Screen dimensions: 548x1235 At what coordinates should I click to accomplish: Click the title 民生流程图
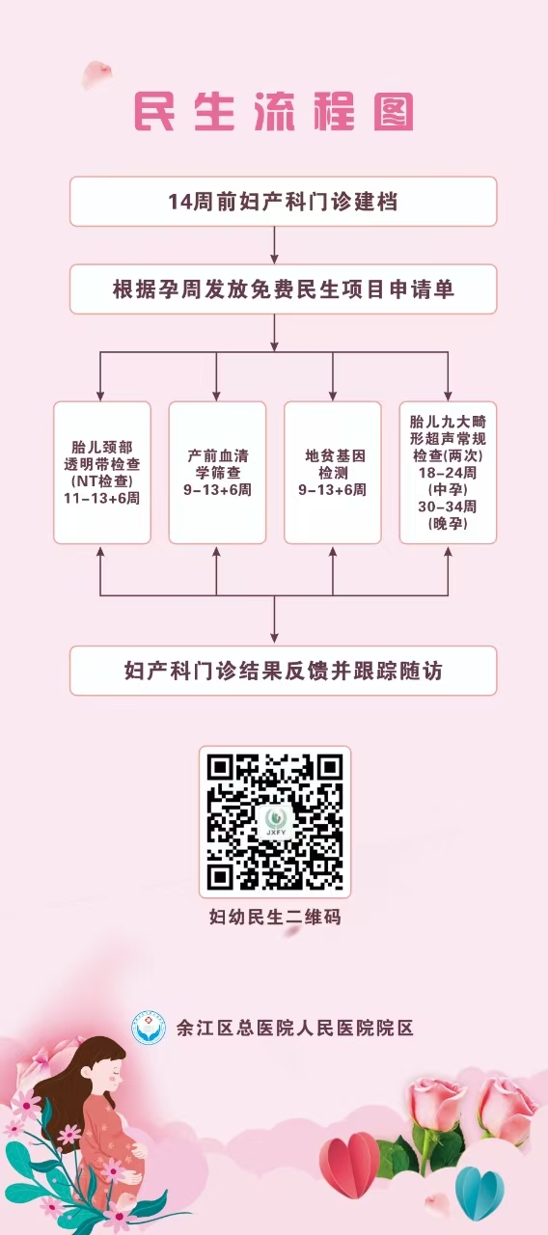click(x=274, y=112)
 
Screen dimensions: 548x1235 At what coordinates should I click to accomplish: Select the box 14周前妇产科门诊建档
click(x=283, y=202)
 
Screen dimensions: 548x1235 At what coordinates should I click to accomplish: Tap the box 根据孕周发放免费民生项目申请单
click(x=283, y=288)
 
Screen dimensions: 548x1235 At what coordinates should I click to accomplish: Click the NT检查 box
click(x=102, y=473)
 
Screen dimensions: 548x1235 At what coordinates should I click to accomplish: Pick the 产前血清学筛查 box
click(x=217, y=473)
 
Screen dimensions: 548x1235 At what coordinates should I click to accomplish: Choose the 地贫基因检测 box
click(x=333, y=473)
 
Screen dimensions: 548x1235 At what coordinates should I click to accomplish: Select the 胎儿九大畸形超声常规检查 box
click(x=448, y=473)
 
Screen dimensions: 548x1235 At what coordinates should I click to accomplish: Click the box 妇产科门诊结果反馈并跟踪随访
click(x=283, y=671)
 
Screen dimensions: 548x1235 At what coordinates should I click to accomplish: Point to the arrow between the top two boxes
click(x=275, y=245)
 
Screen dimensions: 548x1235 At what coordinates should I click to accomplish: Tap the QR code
click(x=275, y=822)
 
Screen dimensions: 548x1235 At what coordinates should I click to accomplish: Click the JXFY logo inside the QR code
click(x=275, y=822)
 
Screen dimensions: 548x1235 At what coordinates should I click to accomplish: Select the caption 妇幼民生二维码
click(x=275, y=917)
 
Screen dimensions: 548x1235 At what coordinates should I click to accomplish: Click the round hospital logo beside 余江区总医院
click(x=149, y=1028)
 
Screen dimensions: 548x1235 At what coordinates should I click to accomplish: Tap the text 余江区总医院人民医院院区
click(x=295, y=1028)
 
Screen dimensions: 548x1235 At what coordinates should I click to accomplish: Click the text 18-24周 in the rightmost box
click(x=447, y=473)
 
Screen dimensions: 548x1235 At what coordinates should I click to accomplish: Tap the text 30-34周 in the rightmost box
click(x=447, y=507)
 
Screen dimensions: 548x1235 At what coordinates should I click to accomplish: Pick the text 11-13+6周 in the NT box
click(x=101, y=499)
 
